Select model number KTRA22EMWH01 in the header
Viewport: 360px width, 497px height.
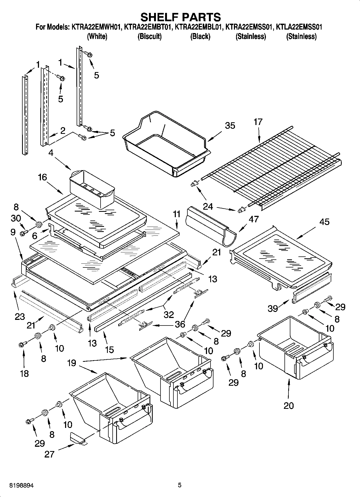(96, 27)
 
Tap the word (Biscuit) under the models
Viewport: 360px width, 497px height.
(149, 36)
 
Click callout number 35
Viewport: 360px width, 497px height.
(230, 126)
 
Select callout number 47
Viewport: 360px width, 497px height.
(254, 219)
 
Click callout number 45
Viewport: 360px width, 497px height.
(325, 222)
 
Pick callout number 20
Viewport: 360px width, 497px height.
(289, 406)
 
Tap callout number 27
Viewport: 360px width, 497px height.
(50, 454)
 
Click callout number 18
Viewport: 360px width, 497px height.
(24, 373)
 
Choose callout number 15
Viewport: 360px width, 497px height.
(109, 349)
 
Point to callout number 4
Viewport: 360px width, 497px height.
(51, 153)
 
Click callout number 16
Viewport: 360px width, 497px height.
(42, 177)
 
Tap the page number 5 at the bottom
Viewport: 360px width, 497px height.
(180, 485)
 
